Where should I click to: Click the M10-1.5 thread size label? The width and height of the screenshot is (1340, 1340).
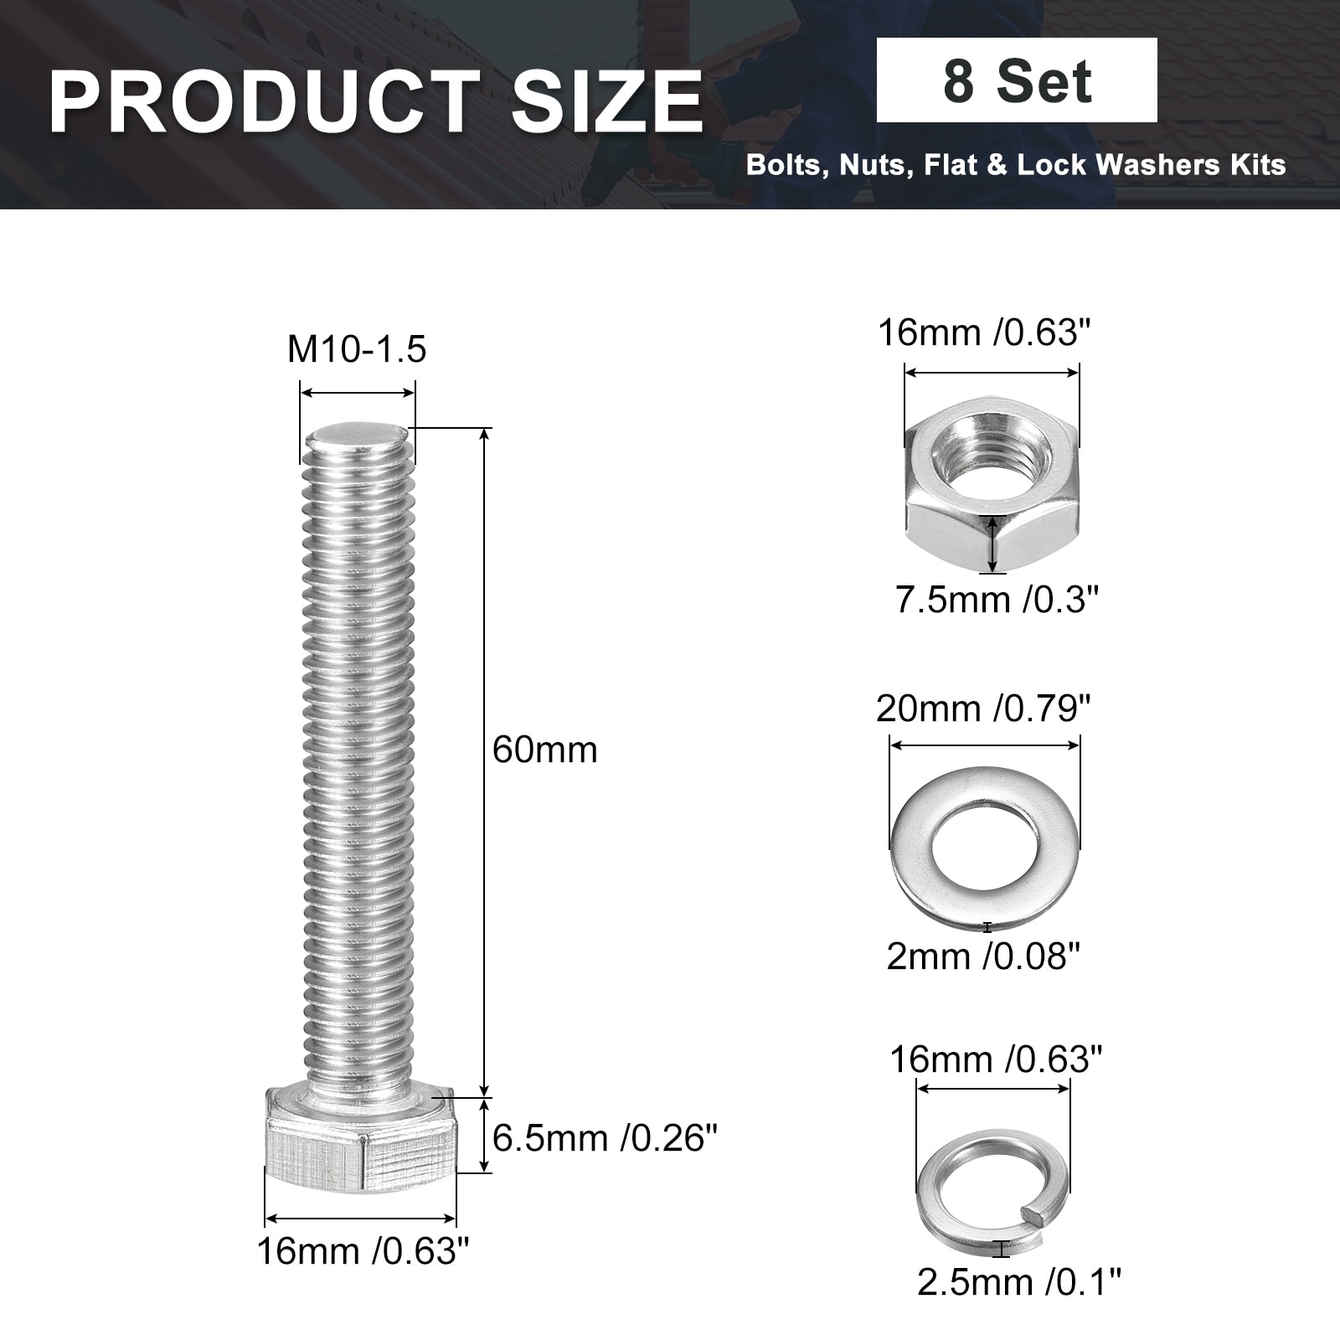pos(357,348)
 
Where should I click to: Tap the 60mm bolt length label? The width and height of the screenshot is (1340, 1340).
pos(544,750)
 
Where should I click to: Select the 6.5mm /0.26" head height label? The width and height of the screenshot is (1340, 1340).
pos(605,1138)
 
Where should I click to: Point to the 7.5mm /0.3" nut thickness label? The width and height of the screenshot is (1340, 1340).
pos(997,600)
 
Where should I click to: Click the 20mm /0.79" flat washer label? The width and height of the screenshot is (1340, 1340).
pos(984,709)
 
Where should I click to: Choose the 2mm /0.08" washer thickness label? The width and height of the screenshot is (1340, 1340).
pos(983,956)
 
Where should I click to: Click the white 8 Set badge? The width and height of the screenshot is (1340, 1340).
pos(1017,80)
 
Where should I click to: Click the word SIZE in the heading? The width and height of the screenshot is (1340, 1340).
pos(607,102)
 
